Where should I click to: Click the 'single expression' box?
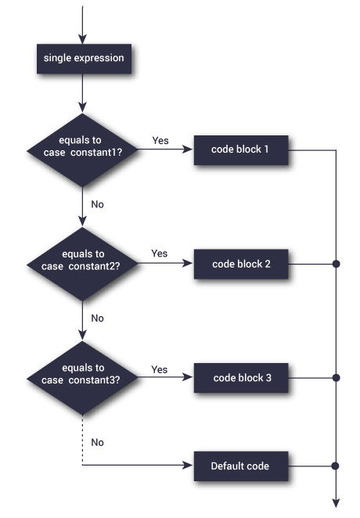84,57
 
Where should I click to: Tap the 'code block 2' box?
242,264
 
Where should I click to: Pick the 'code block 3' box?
242,378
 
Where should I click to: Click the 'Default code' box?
240,466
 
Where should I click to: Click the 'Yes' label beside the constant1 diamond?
159,140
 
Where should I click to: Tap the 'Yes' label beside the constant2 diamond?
159,254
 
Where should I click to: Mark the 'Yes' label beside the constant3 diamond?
159,369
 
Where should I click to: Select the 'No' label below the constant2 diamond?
98,318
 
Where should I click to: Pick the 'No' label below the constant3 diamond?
98,442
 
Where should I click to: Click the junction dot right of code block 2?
336,264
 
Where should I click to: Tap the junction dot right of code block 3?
336,378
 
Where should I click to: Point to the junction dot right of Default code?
336,466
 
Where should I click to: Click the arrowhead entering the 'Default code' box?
189,466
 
